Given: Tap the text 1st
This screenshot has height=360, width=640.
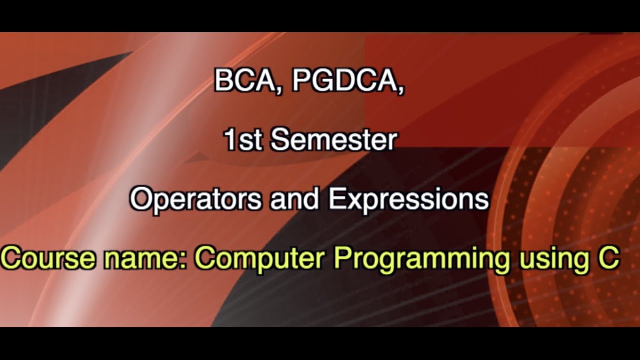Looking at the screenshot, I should tap(243, 140).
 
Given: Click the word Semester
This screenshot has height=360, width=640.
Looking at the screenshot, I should tap(334, 140).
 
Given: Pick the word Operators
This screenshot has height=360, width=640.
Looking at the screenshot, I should tap(195, 199).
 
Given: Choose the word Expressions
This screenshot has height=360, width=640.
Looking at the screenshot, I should tap(408, 199).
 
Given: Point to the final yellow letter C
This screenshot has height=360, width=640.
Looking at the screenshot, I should tap(610, 259).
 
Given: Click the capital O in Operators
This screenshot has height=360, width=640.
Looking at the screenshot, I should tap(141, 199).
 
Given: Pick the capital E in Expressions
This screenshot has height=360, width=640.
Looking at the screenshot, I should tap(336, 199).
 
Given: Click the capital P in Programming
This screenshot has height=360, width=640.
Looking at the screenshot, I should tap(343, 259).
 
